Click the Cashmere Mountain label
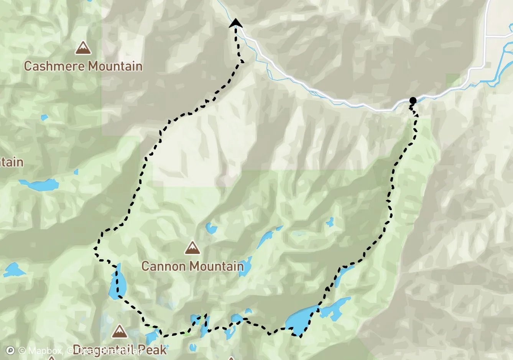point(83,66)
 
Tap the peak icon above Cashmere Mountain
point(83,48)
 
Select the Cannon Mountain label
point(192,266)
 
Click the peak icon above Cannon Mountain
point(192,248)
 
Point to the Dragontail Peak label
point(120,350)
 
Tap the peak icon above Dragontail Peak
point(119,331)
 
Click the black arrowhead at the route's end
point(235,23)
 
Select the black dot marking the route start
point(413,101)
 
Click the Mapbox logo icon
point(10,350)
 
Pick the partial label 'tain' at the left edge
point(12,162)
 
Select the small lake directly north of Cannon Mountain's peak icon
point(211,228)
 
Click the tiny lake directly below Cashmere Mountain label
point(44,117)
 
